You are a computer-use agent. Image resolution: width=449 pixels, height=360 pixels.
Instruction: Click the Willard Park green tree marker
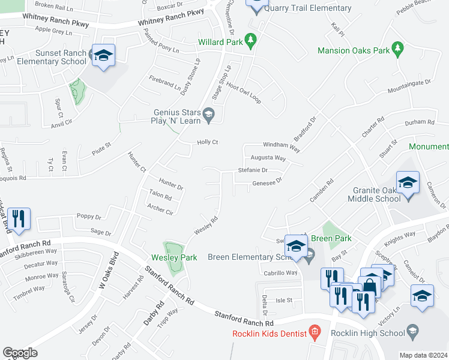coord(252,42)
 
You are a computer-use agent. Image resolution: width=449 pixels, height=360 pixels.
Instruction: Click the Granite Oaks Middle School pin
coord(407,183)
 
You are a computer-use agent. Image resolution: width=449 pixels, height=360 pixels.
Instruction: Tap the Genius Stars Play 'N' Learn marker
coord(209,115)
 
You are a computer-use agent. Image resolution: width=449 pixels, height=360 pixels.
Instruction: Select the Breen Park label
coord(331,238)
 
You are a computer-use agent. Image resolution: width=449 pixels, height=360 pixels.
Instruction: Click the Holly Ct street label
coord(206,142)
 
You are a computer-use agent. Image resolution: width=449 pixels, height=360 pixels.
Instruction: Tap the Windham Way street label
coord(281,146)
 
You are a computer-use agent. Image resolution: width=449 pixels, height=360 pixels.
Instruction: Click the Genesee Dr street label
coord(267,183)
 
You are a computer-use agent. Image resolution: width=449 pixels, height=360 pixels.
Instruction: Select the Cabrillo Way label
coord(280,272)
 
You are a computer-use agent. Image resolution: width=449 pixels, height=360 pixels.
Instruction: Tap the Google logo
coord(20,353)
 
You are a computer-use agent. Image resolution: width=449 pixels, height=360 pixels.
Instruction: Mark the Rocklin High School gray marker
coord(412,330)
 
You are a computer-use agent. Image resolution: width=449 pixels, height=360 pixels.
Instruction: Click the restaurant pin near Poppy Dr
coord(19,220)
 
